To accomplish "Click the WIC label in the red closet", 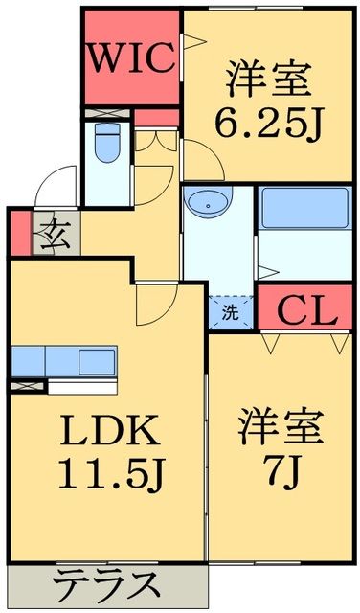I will pos(132,57).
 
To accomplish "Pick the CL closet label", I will pos(307,309).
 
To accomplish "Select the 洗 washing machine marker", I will pos(231,311).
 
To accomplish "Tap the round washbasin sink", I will pos(207,203).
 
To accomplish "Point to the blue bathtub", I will pos(305,206).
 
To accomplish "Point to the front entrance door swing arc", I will pos(58,181).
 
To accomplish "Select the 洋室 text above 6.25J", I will pos(270,79).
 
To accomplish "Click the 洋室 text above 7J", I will pos(280,424).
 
